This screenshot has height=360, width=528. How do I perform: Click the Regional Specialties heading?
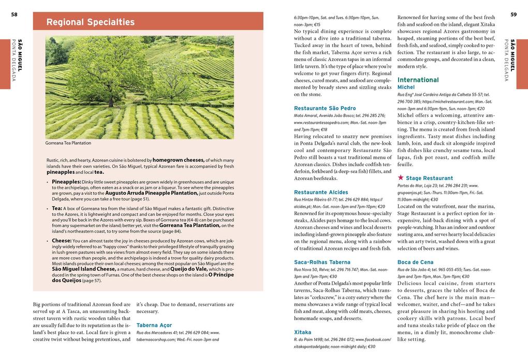[x=91, y=22]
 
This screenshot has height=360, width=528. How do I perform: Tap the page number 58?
[x=14, y=14]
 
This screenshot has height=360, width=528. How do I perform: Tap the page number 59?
[x=514, y=14]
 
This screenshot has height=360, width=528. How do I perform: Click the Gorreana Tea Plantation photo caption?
[x=68, y=143]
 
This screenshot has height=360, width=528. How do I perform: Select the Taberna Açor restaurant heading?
[x=154, y=325]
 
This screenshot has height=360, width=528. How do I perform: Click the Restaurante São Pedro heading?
[x=325, y=108]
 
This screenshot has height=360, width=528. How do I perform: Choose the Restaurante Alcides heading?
[x=321, y=192]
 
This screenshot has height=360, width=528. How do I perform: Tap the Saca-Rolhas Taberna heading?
[x=322, y=262]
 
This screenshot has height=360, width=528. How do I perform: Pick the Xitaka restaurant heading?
[x=302, y=332]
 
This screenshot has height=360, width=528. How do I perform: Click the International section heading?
[x=418, y=80]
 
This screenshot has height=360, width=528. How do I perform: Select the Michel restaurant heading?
[x=406, y=88]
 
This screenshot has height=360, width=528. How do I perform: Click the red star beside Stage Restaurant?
[x=401, y=178]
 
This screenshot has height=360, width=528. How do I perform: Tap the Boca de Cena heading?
[x=415, y=262]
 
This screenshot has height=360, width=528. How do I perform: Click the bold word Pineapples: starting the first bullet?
[x=66, y=182]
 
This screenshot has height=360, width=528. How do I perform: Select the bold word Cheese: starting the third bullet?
[x=62, y=241]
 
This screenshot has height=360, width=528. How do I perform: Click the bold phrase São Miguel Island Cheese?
[x=84, y=269]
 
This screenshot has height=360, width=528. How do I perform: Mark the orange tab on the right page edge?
[x=522, y=57]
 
